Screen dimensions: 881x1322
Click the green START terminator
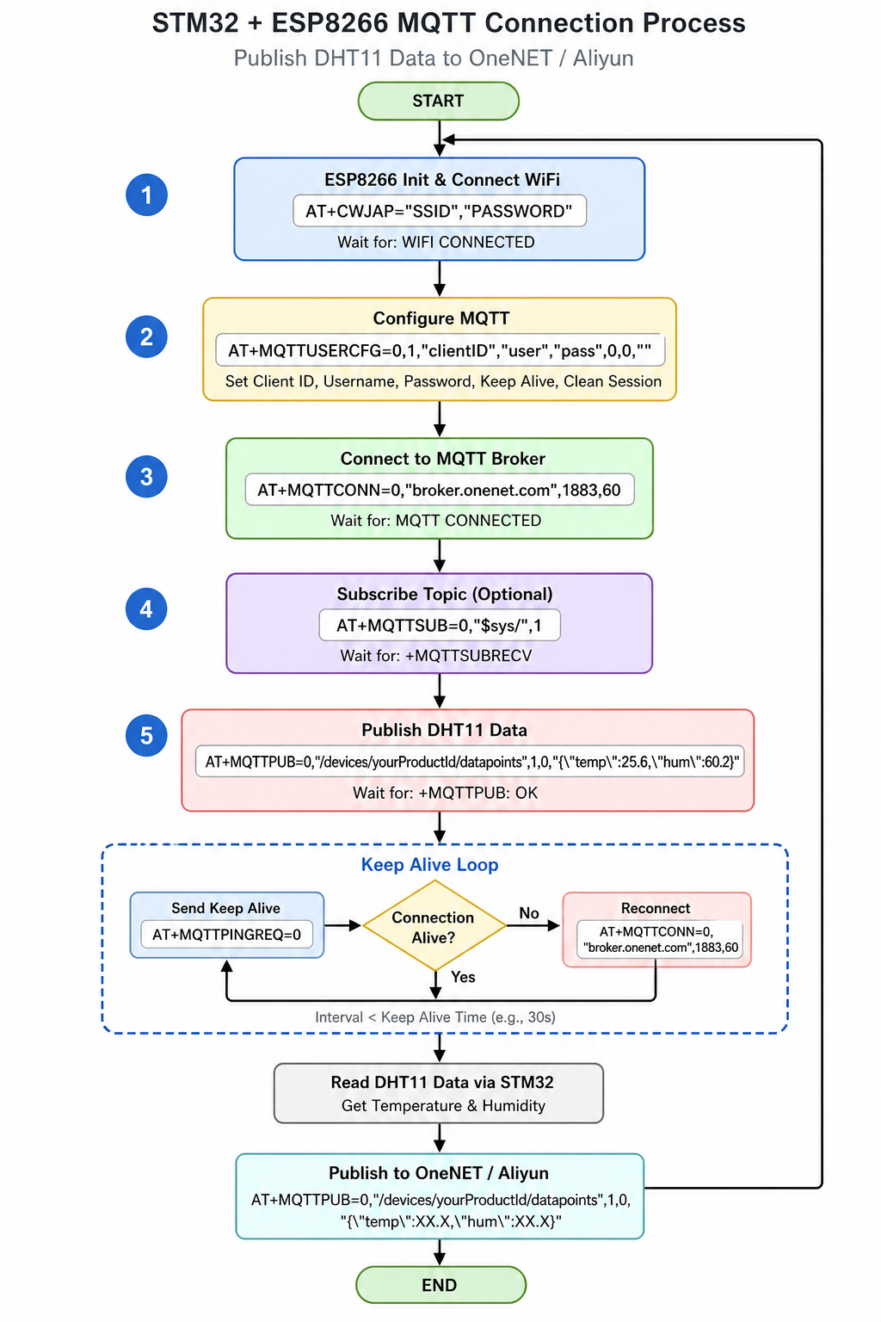pos(439,101)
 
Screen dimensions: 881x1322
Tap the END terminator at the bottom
pos(440,1284)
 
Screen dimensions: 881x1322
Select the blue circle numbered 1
pos(146,195)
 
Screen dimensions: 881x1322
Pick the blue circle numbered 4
pos(146,608)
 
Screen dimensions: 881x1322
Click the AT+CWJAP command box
pos(440,211)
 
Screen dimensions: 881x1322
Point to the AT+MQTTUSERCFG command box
pos(440,350)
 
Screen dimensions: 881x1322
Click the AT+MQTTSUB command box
pos(440,625)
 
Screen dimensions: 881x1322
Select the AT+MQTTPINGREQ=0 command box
pos(226,934)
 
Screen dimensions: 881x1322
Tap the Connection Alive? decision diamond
pos(434,926)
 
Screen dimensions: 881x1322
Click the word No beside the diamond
pos(529,913)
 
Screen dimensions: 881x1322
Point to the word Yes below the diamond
pos(463,977)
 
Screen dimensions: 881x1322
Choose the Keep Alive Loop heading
pos(429,865)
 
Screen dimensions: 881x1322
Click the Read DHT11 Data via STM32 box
pos(439,1093)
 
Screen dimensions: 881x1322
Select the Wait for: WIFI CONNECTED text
pos(436,242)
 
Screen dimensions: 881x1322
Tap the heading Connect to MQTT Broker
pos(442,459)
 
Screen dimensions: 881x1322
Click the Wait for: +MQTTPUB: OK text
pos(446,793)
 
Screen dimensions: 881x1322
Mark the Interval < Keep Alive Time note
pos(434,1016)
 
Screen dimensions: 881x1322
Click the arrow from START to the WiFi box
pos(440,139)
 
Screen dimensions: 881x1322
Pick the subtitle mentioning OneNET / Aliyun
pos(434,58)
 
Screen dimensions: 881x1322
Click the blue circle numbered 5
pos(146,735)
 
